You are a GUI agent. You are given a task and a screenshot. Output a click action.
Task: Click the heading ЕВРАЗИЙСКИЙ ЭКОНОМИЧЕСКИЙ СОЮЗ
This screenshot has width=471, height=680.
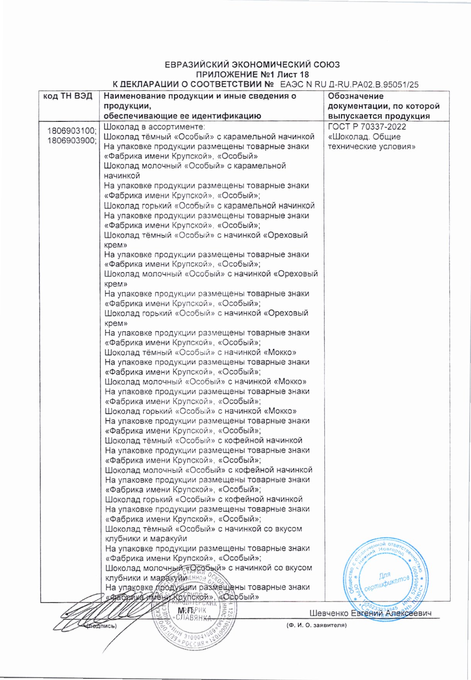tap(252, 65)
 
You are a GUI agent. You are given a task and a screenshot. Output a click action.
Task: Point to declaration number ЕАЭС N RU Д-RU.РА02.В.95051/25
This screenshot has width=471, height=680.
tap(349, 85)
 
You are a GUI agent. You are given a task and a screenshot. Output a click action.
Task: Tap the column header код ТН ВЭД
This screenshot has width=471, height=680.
tap(68, 96)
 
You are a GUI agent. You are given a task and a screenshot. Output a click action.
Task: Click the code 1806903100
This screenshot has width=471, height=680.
tap(71, 131)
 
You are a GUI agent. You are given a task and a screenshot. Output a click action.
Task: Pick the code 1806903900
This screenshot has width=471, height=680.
tap(71, 141)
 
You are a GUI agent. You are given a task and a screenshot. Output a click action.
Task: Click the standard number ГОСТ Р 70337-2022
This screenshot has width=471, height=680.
tap(367, 127)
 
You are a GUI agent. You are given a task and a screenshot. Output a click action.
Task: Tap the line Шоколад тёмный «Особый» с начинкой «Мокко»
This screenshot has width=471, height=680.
tap(201, 352)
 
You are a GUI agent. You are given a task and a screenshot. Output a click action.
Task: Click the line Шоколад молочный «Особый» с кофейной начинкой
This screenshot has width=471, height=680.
tap(209, 470)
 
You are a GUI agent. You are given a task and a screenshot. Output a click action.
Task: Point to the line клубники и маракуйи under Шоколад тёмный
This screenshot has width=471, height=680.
tap(146, 538)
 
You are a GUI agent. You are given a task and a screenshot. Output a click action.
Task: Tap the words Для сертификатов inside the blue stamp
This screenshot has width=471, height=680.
tap(386, 581)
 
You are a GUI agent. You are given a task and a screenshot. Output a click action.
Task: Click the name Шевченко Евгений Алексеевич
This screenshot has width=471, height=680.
tap(370, 613)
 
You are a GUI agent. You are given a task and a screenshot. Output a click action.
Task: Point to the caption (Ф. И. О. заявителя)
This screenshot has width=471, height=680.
tap(316, 625)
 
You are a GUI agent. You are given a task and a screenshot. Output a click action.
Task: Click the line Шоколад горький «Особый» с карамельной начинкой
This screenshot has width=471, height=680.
tap(209, 206)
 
